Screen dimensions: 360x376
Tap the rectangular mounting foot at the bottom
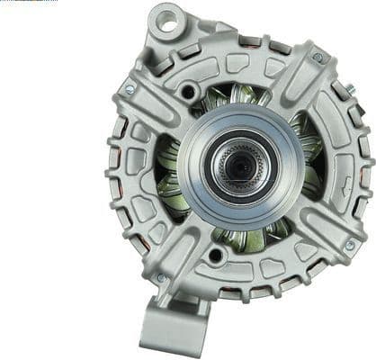[172, 324]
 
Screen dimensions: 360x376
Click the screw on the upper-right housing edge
[317, 58]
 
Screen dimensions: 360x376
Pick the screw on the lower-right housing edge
[349, 244]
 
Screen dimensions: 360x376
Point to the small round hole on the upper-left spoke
[187, 91]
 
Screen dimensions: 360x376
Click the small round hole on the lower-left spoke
[214, 256]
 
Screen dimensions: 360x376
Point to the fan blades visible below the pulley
[247, 238]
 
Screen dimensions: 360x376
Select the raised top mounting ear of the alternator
[167, 27]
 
